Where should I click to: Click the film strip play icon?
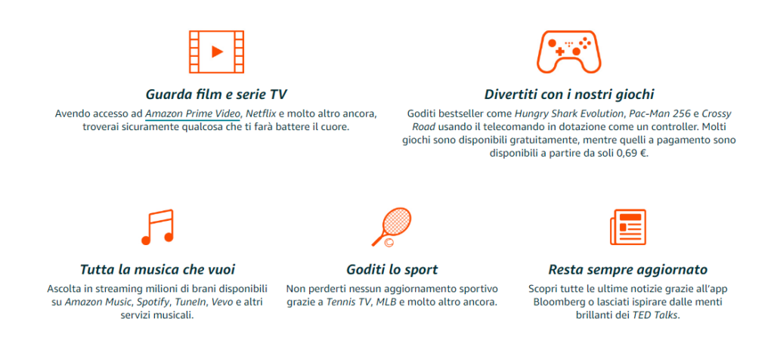216,52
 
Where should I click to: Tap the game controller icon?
568,52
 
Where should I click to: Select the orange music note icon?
157,227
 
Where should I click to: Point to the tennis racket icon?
392,227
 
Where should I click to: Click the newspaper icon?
627,227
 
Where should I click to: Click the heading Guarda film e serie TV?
216,95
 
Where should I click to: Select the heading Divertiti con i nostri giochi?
569,95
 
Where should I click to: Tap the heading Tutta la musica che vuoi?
157,270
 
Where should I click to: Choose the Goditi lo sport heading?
392,270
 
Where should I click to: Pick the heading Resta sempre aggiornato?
628,270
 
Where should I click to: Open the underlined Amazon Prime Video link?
193,114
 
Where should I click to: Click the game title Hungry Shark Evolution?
569,114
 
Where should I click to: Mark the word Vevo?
222,302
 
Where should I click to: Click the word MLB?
386,302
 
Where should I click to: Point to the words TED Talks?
655,315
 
